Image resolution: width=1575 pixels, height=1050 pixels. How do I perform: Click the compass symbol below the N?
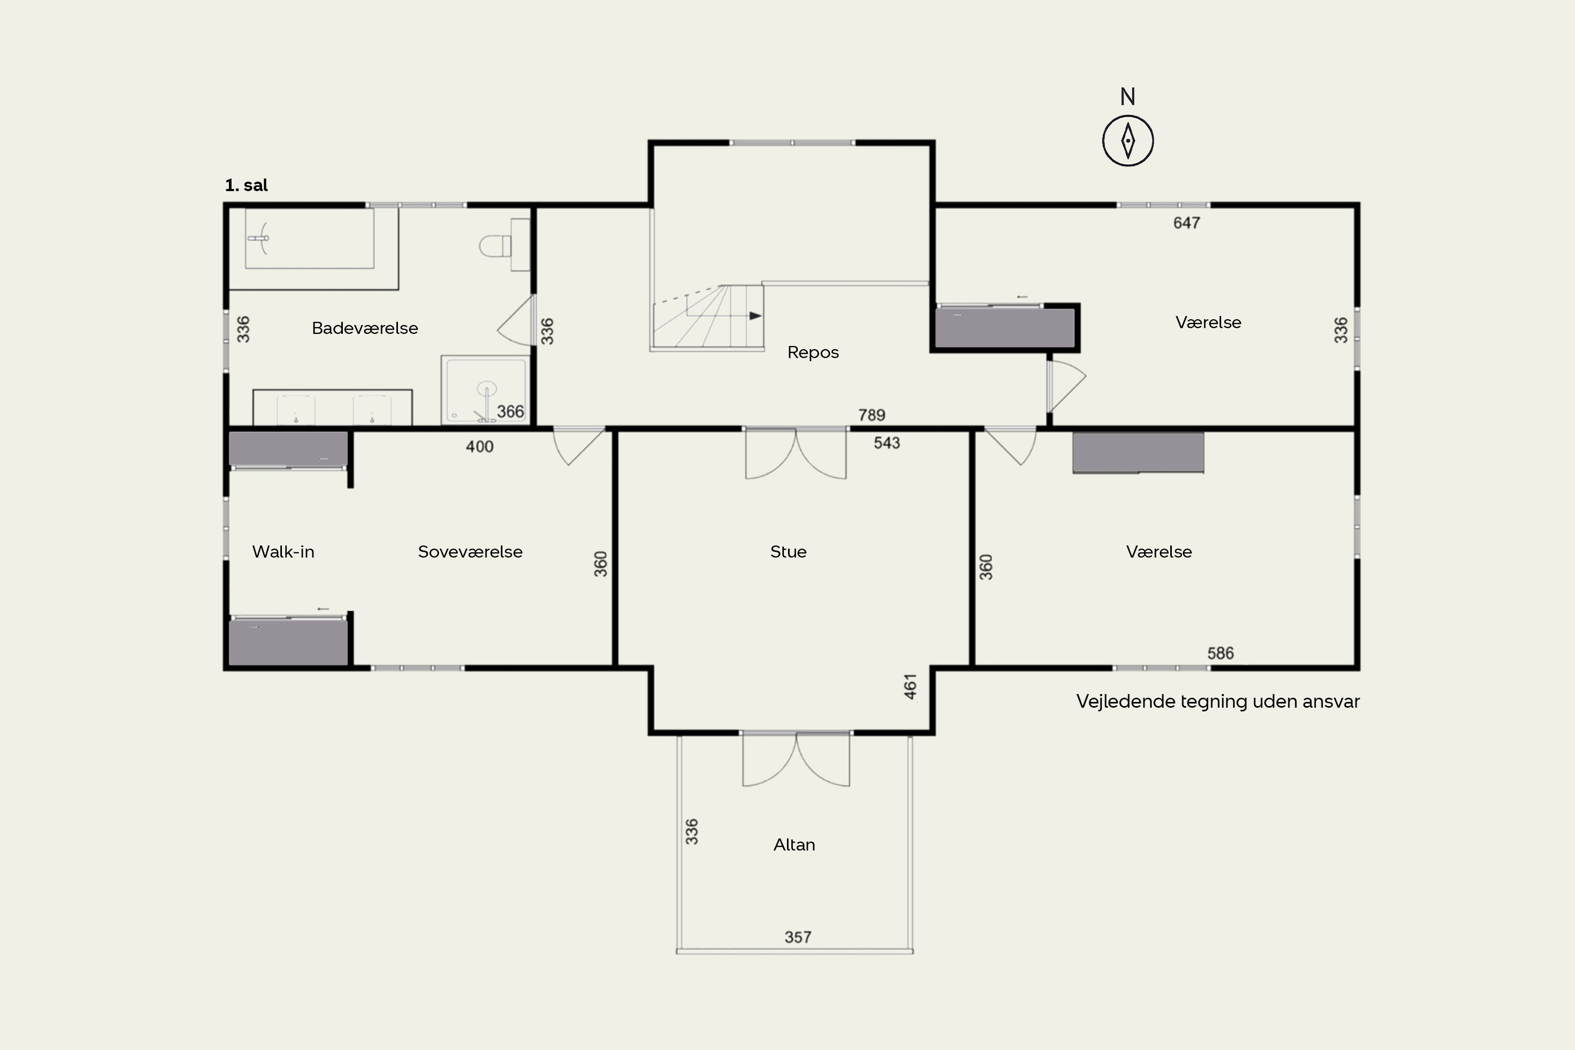[x=1128, y=141]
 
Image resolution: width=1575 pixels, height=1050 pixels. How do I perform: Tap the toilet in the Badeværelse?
[x=495, y=246]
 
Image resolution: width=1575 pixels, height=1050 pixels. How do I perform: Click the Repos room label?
[x=813, y=352]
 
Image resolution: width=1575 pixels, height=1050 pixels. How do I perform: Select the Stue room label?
[x=788, y=552]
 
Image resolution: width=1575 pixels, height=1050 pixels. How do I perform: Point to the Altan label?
[x=794, y=844]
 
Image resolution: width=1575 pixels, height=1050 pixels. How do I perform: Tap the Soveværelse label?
[x=470, y=552]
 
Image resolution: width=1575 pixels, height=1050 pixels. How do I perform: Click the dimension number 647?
[x=1186, y=223]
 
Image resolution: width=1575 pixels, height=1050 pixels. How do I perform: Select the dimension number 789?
[x=872, y=415]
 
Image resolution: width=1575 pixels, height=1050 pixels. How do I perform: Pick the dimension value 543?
[x=887, y=443]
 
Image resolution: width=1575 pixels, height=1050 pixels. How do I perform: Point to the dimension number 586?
[x=1220, y=654]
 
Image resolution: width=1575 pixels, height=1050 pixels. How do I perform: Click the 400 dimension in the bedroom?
[x=479, y=447]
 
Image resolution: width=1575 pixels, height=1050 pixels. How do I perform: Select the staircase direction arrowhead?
[x=755, y=316]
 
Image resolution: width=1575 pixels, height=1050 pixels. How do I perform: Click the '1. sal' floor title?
[x=246, y=185]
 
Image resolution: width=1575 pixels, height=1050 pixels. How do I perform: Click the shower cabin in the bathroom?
[x=485, y=390]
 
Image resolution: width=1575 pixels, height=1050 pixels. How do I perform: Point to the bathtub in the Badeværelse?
[x=309, y=238]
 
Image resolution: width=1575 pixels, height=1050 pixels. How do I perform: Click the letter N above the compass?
[x=1128, y=97]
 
